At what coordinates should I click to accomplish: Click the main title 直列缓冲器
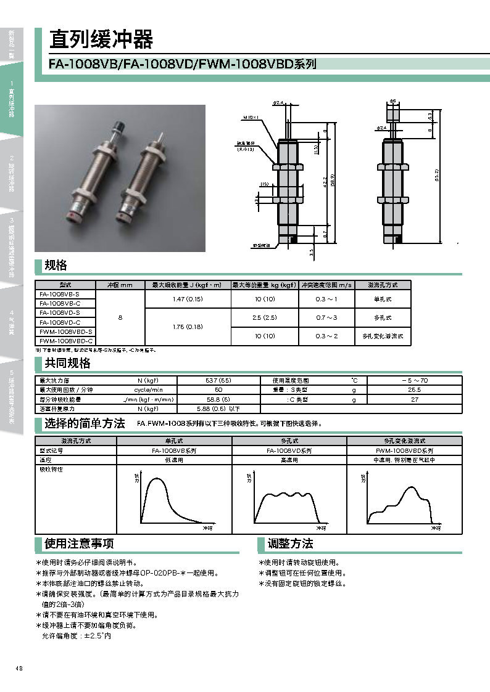click(x=101, y=40)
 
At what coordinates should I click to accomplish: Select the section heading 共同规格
click(x=67, y=363)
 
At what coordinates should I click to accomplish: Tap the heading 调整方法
click(x=290, y=543)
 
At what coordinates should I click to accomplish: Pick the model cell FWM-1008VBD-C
click(x=65, y=340)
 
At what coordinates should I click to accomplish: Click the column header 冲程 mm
click(x=120, y=285)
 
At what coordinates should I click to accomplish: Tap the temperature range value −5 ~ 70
click(x=414, y=381)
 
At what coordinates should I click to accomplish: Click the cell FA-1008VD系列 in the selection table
click(x=289, y=450)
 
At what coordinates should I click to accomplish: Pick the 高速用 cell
click(x=289, y=460)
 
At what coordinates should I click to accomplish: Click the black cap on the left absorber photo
click(x=120, y=126)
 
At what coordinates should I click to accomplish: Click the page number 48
click(x=20, y=669)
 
